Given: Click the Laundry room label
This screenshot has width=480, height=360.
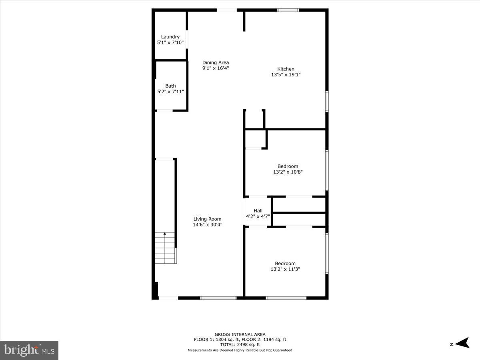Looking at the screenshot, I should (x=170, y=37).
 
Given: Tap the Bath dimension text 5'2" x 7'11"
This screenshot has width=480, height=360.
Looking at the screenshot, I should (x=170, y=92).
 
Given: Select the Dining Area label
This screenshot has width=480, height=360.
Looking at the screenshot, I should (x=216, y=62).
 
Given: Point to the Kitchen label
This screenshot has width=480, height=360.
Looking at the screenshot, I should (x=286, y=69).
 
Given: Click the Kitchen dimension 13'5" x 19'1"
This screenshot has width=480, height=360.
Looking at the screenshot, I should (x=286, y=74).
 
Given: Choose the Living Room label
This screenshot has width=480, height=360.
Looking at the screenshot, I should (x=207, y=219).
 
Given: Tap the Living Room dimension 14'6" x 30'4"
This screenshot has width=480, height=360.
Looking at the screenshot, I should (x=207, y=225).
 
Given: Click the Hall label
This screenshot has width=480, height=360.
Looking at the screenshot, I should (x=258, y=211).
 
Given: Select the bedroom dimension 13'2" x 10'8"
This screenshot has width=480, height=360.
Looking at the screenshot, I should (x=288, y=172).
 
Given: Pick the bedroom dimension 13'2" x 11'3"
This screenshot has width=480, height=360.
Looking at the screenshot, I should (x=285, y=269).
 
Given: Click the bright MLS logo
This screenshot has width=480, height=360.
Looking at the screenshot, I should (x=29, y=350).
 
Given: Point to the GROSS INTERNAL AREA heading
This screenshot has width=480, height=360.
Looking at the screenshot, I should (x=240, y=334).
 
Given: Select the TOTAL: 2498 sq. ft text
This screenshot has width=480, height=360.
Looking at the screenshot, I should (x=240, y=344).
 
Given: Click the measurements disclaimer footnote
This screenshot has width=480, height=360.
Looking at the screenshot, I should (x=240, y=350).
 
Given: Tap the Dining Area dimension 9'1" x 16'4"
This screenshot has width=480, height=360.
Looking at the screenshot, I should (x=216, y=68).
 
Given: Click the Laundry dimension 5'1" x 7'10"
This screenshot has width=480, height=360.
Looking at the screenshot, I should (x=170, y=42).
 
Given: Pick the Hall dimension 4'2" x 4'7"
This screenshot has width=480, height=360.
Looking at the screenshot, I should (x=258, y=216).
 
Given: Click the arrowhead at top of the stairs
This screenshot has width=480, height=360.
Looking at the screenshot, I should (x=165, y=234).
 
